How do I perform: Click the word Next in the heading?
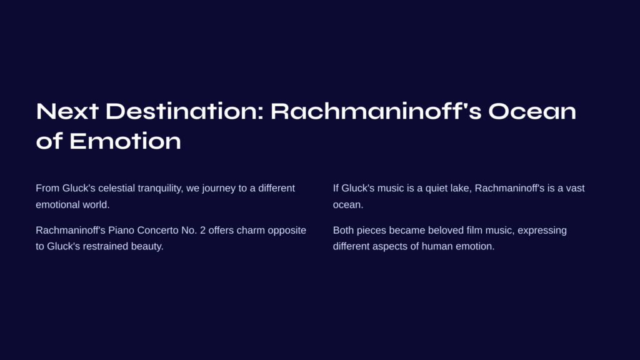(x=67, y=111)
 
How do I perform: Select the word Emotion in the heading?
(x=125, y=141)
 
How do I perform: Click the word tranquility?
(x=161, y=189)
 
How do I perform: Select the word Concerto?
(x=157, y=230)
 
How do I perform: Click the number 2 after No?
(x=203, y=230)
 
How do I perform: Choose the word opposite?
(x=287, y=231)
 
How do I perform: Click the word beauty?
(x=147, y=247)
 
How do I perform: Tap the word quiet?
(x=436, y=189)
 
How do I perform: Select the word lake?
(x=461, y=189)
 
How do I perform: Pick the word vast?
(x=575, y=188)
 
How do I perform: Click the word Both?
(x=344, y=230)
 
